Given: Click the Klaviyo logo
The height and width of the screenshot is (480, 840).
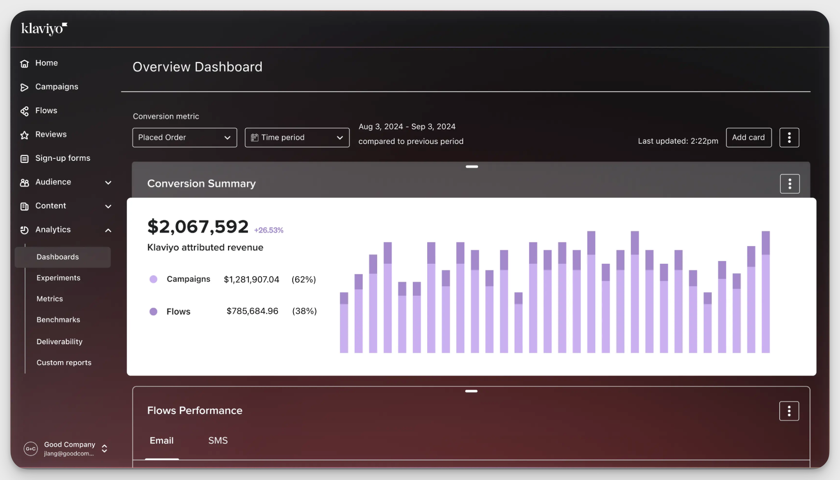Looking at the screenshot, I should pos(44,29).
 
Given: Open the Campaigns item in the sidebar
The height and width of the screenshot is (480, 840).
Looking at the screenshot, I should pos(57,87).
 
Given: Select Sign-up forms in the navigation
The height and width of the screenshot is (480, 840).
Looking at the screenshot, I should pos(62,158).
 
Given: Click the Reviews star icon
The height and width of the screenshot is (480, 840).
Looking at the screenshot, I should pos(25,135).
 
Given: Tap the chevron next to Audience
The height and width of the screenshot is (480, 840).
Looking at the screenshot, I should pos(108,183).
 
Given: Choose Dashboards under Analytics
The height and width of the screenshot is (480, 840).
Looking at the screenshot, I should pos(57,257).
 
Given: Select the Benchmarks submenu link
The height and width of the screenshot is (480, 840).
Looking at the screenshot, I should pos(58,320).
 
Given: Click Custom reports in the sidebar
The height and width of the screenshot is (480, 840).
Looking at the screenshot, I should pos(64,363).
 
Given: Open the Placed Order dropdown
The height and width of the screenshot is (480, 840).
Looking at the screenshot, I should pos(184,137).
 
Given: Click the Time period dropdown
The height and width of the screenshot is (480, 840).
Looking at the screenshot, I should pos(297,137).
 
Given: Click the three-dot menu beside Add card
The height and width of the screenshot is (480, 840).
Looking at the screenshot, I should pos(789,137).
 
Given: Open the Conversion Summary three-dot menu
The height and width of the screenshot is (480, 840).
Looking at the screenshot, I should pos(790,184).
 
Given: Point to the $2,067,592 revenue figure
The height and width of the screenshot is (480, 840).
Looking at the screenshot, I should pos(198,227).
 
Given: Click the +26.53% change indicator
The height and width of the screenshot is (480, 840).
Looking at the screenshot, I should pos(269,231).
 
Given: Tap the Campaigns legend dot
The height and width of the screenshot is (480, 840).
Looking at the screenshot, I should pos(153,279).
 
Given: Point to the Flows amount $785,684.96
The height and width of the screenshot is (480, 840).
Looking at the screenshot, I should pos(252,311).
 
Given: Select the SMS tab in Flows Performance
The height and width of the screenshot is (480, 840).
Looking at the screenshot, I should pos(218,441).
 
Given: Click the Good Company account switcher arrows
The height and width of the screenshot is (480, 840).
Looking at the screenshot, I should pos(105,449).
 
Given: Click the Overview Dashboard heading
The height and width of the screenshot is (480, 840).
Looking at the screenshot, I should pos(197,67).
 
